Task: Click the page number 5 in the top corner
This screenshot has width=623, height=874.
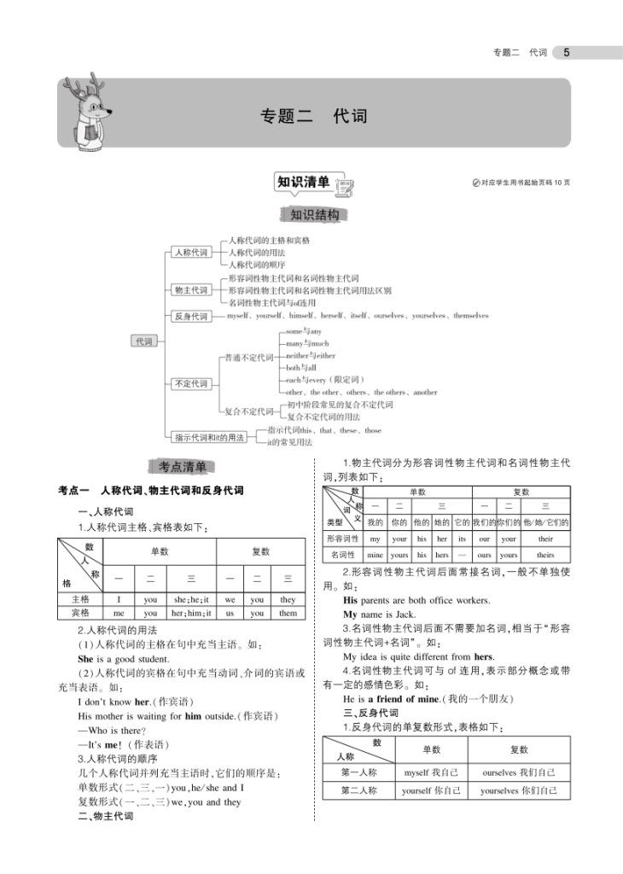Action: pos(567,53)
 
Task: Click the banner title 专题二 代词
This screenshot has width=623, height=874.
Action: pos(313,115)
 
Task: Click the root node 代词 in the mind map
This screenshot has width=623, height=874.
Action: pos(143,341)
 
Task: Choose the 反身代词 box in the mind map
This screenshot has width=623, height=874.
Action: pos(191,317)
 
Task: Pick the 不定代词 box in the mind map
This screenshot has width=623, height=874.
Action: pos(191,384)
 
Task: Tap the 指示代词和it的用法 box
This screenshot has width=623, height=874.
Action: pos(208,437)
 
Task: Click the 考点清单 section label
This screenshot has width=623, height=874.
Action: pos(183,466)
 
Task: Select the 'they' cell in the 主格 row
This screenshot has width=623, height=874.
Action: pos(288,600)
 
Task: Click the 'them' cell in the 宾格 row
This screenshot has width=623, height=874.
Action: pos(288,613)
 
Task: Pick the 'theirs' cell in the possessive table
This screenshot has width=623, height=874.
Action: pos(545,555)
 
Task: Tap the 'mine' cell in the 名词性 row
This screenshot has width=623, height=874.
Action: pos(376,555)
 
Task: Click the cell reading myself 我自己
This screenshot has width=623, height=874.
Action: pos(432,772)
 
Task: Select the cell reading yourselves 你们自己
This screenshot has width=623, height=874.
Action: pos(519,791)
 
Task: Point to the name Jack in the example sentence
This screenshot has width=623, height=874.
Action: pos(405,615)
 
